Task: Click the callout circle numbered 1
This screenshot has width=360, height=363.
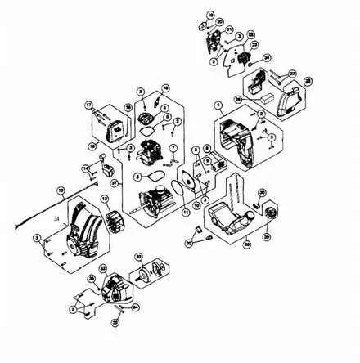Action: pos(218,106)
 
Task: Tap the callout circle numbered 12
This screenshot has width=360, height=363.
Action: pos(105,200)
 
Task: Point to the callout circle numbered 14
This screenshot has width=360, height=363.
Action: pos(85,168)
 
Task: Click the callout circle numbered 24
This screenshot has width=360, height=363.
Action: pos(266,58)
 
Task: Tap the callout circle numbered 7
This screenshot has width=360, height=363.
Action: pos(173,147)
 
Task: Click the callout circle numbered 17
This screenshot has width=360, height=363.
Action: pos(88,106)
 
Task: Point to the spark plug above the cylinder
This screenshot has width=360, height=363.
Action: pos(153,105)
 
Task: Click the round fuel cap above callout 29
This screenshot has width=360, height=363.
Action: pos(266,213)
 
